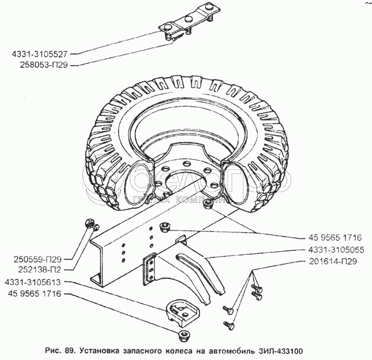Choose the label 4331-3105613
click(x=35, y=282)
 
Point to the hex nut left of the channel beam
click(x=90, y=222)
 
